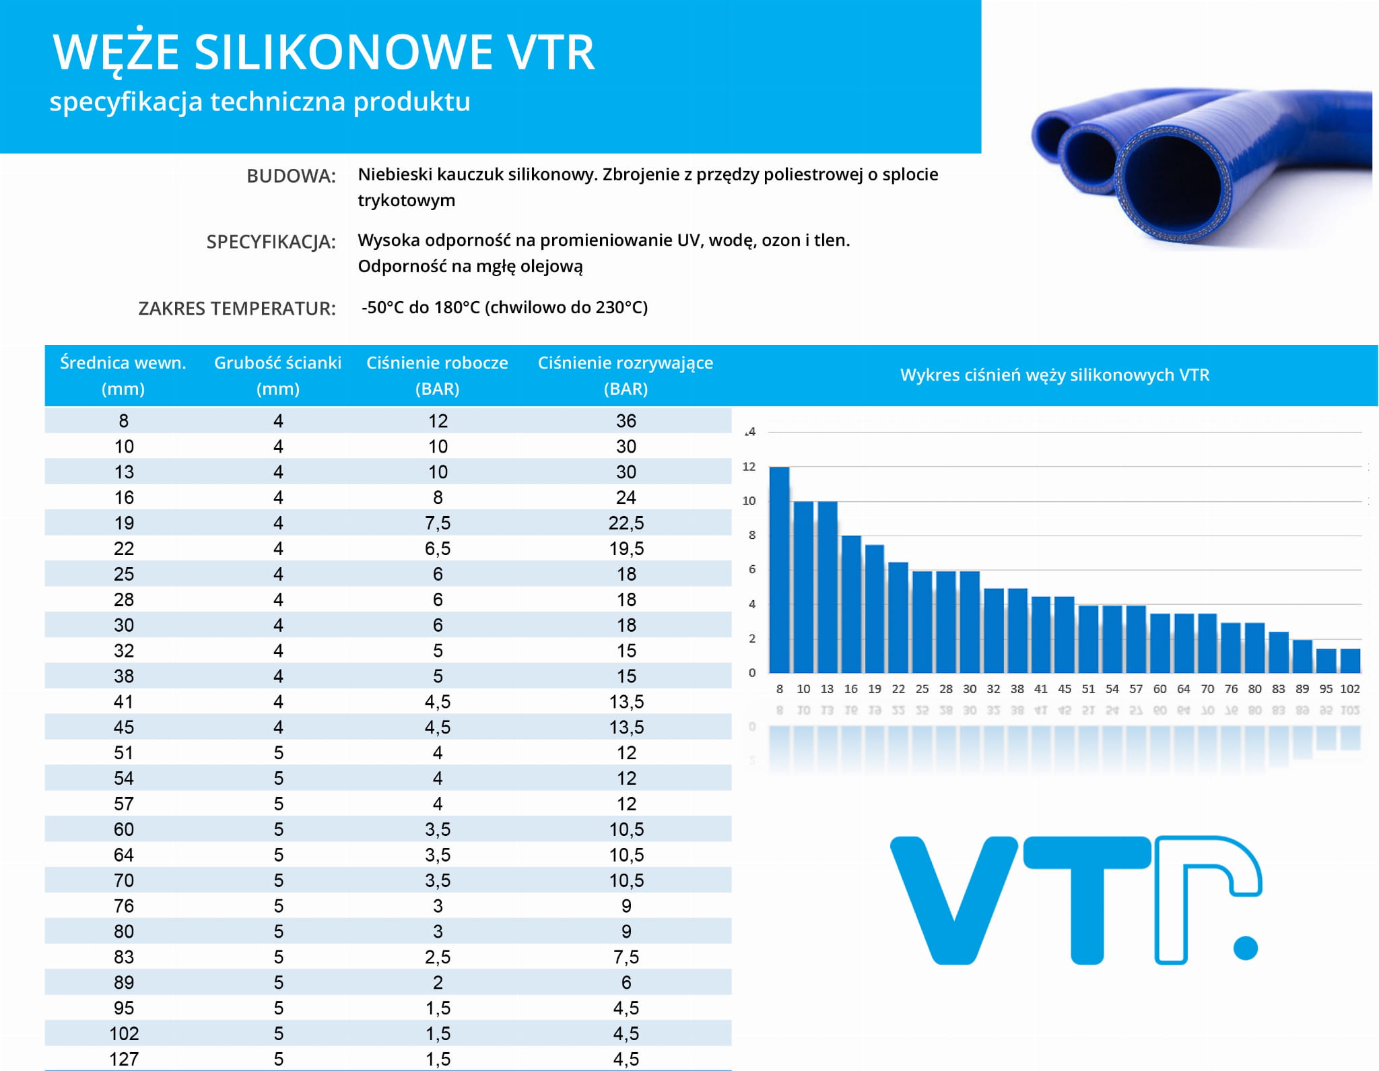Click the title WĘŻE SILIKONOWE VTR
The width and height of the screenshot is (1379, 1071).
(324, 53)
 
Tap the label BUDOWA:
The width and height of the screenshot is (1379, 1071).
(291, 176)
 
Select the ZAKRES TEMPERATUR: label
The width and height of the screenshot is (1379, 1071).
(236, 309)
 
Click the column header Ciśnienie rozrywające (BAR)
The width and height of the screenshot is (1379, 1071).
(625, 375)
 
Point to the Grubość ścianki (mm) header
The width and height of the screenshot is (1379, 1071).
(277, 375)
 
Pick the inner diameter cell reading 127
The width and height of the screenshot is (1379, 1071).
(124, 1059)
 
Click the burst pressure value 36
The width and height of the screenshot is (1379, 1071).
(626, 421)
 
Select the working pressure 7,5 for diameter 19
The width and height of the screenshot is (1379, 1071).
(438, 523)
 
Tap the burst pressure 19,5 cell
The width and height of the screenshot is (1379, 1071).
(626, 549)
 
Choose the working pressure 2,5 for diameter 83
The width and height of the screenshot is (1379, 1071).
(438, 957)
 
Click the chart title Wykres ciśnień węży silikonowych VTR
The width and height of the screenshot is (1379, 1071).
(1054, 375)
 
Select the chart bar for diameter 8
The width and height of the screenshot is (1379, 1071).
(779, 570)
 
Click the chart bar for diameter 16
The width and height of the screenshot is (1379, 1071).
(851, 604)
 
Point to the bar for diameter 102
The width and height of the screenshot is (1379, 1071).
(1350, 661)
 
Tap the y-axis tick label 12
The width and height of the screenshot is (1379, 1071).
(749, 467)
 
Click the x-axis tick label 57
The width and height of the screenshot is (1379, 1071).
(1136, 689)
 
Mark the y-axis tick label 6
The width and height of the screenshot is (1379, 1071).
(752, 570)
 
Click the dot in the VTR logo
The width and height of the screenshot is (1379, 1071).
(1246, 948)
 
